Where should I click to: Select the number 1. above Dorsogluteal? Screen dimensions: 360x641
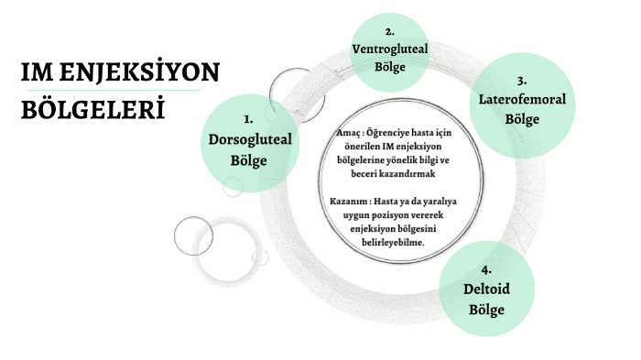(248, 120)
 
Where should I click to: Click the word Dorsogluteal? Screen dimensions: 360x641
(248, 140)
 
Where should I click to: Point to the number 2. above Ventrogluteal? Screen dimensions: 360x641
(389, 30)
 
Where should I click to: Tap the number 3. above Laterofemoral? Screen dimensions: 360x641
(521, 81)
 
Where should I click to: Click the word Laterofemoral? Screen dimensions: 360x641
(521, 100)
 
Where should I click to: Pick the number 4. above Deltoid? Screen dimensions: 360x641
(486, 270)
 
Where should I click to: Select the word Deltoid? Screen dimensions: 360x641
(486, 290)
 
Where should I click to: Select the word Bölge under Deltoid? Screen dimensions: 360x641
(486, 310)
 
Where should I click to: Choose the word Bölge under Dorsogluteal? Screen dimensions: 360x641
(248, 160)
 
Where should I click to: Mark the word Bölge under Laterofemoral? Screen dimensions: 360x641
(521, 119)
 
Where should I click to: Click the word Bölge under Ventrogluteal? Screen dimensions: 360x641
(389, 67)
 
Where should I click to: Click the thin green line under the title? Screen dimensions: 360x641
(110, 92)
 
